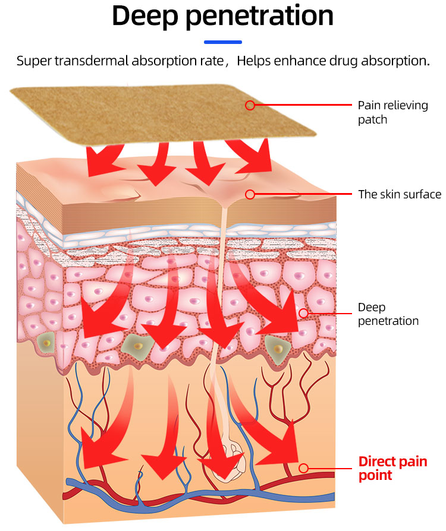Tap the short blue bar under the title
point(223,42)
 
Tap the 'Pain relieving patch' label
point(392,112)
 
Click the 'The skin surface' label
point(399,194)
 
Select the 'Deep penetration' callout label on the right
point(388,314)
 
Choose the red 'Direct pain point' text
point(392,468)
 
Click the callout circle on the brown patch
point(250,105)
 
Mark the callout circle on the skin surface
point(250,194)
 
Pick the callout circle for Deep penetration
point(303,313)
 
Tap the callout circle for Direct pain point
point(303,468)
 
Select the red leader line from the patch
point(303,105)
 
